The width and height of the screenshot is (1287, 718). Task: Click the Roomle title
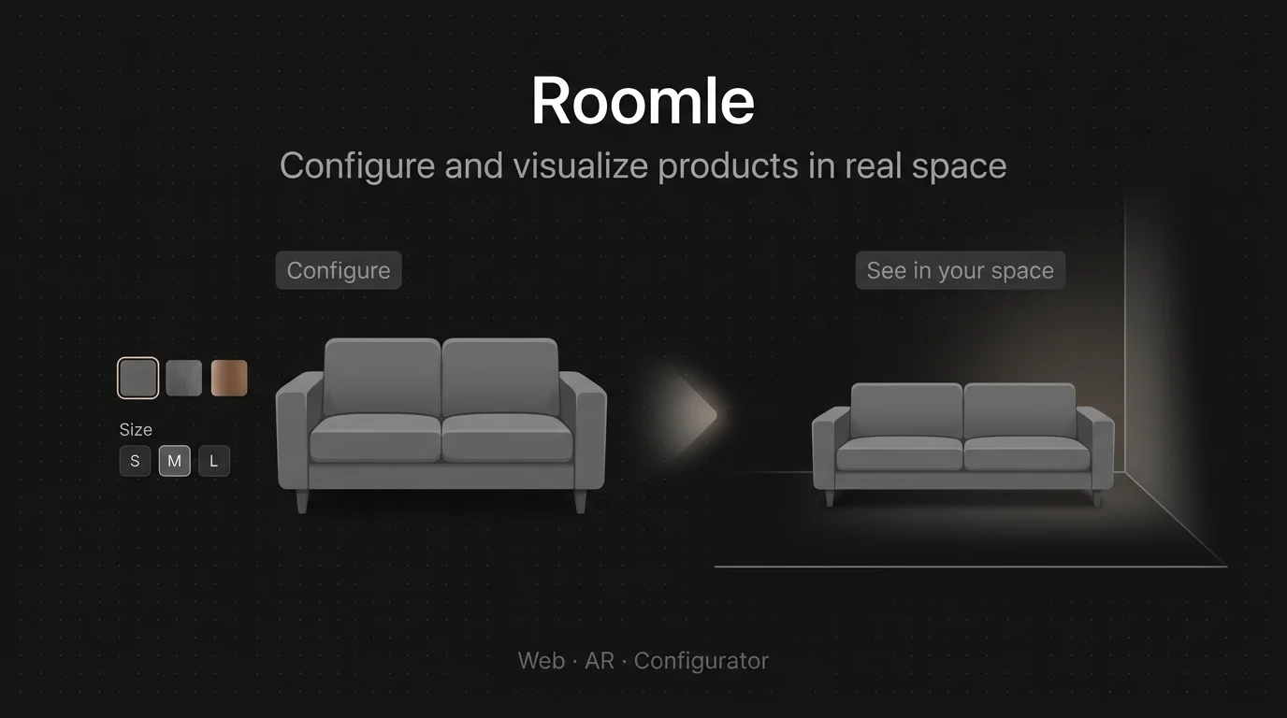click(x=643, y=101)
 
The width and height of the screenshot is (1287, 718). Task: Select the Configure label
click(x=339, y=270)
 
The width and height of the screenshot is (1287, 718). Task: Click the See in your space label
click(x=960, y=270)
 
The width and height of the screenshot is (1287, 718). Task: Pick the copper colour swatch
click(x=229, y=378)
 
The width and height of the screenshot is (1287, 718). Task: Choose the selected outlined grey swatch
click(x=137, y=378)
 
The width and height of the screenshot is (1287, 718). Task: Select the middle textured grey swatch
click(x=184, y=378)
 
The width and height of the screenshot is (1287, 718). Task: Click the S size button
click(x=135, y=461)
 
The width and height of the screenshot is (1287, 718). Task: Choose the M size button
click(x=175, y=461)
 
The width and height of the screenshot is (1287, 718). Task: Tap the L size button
click(x=214, y=461)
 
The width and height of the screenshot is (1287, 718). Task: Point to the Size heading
click(x=136, y=430)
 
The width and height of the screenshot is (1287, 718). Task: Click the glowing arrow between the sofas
click(x=694, y=413)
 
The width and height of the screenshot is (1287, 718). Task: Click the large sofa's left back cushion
click(x=382, y=376)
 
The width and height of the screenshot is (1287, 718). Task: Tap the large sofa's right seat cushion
click(x=507, y=438)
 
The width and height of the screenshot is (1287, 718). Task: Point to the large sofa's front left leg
click(x=302, y=501)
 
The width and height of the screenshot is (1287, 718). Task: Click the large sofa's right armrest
click(x=585, y=431)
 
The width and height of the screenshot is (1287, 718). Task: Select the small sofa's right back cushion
click(x=1019, y=410)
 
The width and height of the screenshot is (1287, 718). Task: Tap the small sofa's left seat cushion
click(x=899, y=453)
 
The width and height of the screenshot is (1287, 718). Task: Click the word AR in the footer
click(x=600, y=661)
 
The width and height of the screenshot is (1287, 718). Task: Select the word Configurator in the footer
click(x=701, y=661)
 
